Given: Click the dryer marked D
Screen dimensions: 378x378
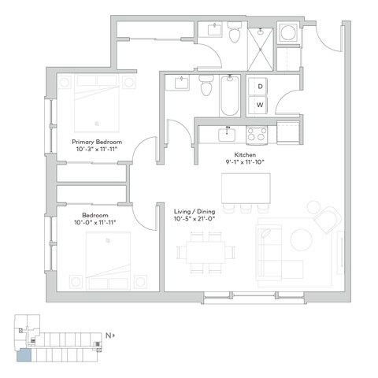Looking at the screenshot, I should [258, 86].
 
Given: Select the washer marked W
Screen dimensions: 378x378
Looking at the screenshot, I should [258, 104].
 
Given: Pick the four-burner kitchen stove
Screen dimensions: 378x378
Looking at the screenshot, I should [257, 135].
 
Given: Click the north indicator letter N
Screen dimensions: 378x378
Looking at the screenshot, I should [109, 335].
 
